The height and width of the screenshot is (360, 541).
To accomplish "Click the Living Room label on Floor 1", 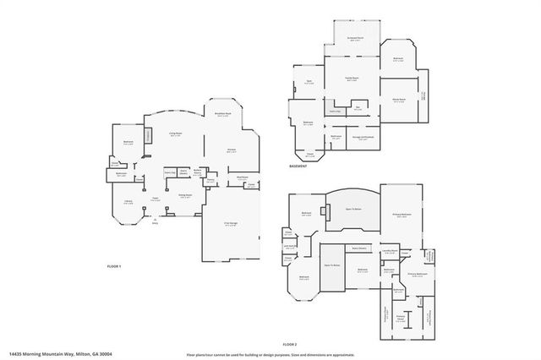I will pos(176,134).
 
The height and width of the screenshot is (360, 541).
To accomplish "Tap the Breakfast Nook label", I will pos(222,114).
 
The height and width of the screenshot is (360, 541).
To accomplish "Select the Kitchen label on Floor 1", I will pos(231,151).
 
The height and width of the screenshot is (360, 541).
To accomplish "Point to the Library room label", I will pos(128,201).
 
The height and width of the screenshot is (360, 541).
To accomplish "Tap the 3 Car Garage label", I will pos(230,224).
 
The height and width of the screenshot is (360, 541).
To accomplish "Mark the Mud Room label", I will pos(242,177).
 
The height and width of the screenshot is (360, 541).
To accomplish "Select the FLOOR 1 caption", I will pos(114,267).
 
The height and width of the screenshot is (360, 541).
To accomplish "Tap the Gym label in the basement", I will pos(309,83).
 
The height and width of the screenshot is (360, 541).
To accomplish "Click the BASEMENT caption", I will pos(298,166).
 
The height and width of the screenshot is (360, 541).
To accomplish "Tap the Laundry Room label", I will pos(389,252).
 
